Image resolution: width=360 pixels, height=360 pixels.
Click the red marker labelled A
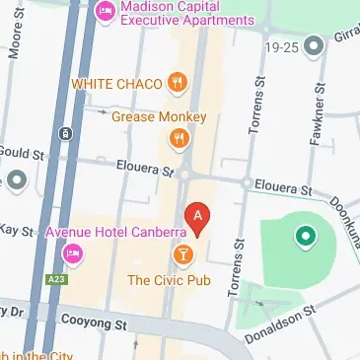click(197, 218)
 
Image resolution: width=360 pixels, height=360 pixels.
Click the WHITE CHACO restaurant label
click(116, 83)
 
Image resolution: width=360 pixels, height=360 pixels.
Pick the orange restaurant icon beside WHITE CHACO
click(178, 84)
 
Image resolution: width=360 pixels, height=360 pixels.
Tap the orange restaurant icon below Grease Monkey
click(179, 141)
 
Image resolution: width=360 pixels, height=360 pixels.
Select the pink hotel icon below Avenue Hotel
click(71, 255)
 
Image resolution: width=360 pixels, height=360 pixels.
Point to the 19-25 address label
click(284, 44)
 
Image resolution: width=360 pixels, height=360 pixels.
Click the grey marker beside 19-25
click(315, 45)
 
